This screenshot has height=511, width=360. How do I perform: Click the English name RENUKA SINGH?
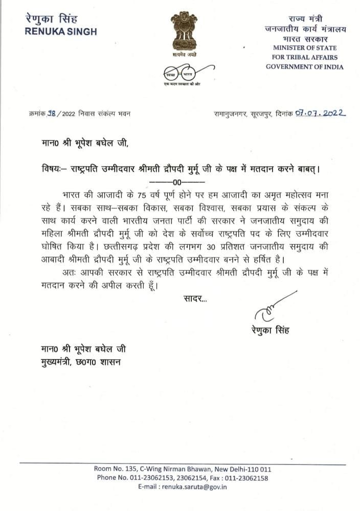tap(61, 32)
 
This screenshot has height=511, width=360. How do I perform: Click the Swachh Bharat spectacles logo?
tap(179, 71)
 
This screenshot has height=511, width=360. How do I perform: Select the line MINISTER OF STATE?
tap(304, 48)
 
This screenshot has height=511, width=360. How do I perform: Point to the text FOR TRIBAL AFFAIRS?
tap(304, 57)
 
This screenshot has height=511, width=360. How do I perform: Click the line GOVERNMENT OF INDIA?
tap(305, 67)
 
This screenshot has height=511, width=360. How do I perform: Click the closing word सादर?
tap(195, 298)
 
